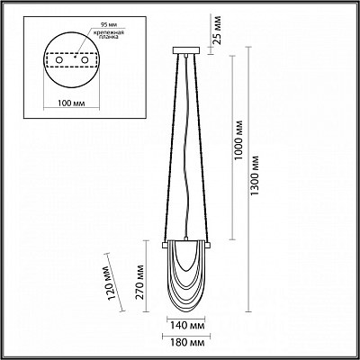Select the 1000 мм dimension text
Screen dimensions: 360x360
238,140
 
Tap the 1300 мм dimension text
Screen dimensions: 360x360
255,175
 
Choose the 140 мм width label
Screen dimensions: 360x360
185,326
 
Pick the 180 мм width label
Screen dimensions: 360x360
186,343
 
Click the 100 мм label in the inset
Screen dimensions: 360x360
71,103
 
